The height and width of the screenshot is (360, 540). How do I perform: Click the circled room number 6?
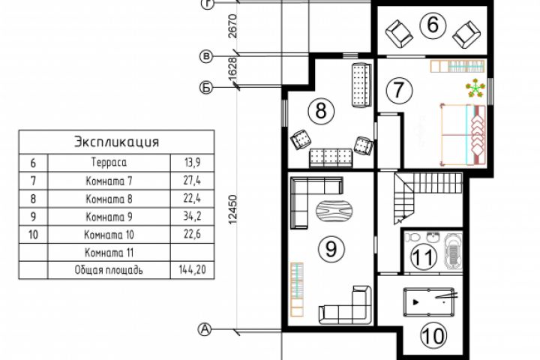433,25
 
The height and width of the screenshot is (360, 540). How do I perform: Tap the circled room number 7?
399,89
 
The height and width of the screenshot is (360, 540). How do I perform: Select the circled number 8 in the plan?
321,111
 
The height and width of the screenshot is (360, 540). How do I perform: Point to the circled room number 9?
331,248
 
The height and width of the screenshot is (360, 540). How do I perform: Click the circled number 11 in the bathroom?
424,256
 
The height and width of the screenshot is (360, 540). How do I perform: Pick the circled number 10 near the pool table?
434,335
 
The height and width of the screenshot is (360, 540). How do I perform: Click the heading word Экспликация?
117,142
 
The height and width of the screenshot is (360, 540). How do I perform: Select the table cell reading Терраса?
109,162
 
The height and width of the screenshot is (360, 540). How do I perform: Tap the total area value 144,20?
192,269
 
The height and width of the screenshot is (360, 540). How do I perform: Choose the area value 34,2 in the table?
192,216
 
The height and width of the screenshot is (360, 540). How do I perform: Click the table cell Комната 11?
109,253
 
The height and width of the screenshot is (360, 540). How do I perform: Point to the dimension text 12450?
232,210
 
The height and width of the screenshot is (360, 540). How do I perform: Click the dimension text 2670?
232,25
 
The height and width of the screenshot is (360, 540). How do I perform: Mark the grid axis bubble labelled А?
205,329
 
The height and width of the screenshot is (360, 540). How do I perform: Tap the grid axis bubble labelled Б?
206,88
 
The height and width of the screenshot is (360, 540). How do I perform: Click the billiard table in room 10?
429,301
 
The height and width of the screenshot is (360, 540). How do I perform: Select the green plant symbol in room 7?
475,88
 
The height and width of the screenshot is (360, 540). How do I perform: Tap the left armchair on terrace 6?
398,34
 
